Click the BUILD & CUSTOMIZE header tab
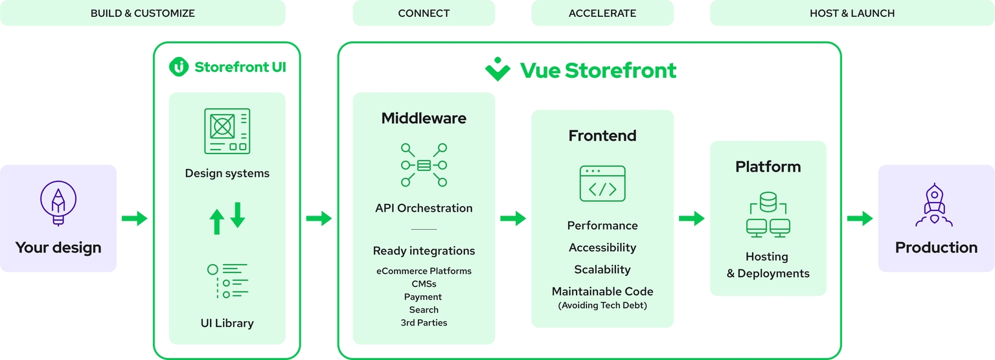143,13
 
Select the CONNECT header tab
424,13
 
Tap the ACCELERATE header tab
602,13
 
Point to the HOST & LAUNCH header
852,13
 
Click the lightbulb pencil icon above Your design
58,203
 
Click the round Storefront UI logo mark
179,67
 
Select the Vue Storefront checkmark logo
497,69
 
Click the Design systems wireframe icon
227,131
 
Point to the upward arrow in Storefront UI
217,221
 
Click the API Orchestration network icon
424,164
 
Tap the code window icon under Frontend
602,183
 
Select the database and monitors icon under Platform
768,214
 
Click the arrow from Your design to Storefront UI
135,218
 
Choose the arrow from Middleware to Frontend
513,218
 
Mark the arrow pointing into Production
860,218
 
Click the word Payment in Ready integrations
423,297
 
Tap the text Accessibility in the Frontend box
602,247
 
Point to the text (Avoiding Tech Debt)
602,306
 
